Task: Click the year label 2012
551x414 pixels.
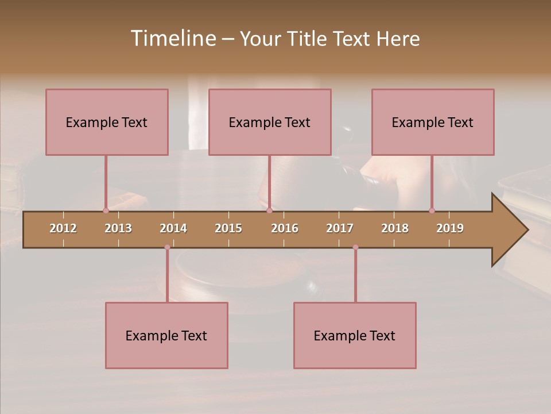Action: [63, 228]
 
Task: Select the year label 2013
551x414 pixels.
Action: [118, 228]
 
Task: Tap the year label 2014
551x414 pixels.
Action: [173, 228]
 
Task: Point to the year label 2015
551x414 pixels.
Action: [228, 228]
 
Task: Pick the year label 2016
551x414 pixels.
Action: [285, 228]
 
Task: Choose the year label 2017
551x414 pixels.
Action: [340, 228]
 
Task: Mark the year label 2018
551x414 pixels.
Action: [395, 228]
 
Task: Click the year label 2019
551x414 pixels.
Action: [450, 228]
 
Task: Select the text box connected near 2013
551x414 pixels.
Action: [107, 122]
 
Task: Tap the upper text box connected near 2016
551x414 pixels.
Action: [270, 122]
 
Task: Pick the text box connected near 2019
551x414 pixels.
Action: [433, 122]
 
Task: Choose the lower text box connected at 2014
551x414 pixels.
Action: [166, 335]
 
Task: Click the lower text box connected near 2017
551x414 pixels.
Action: [355, 335]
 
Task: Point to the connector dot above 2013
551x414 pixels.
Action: [106, 210]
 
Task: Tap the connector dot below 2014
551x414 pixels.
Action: [167, 247]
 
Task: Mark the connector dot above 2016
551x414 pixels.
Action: [269, 210]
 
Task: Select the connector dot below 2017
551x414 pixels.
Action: [355, 247]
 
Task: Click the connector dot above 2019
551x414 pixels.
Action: [432, 210]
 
